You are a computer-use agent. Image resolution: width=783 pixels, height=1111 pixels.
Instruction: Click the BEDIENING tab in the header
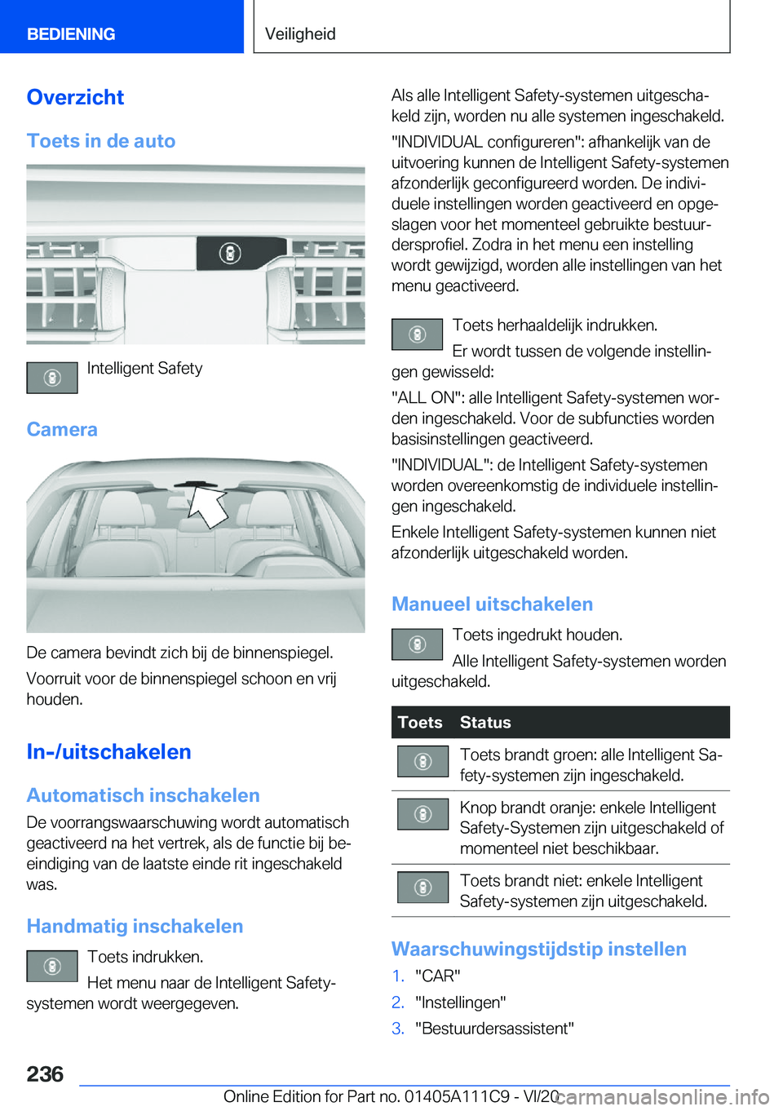click(x=71, y=34)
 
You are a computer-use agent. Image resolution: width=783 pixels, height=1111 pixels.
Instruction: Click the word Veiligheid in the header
click(x=300, y=34)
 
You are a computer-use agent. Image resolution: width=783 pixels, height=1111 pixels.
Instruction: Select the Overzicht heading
click(x=75, y=97)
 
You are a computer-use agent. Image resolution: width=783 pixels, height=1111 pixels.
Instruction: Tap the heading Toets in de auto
click(x=101, y=141)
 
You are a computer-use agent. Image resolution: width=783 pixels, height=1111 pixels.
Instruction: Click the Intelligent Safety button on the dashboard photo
click(x=230, y=254)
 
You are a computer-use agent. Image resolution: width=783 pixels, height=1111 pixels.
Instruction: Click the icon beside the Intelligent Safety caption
click(x=52, y=378)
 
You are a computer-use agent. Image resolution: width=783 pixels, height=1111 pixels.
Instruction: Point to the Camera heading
click(x=62, y=430)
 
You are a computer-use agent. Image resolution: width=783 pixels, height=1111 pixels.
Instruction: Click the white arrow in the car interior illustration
click(x=209, y=506)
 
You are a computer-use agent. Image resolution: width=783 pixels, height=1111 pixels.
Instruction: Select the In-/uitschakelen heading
click(x=108, y=752)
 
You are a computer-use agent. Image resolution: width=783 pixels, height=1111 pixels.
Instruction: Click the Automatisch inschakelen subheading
click(x=143, y=795)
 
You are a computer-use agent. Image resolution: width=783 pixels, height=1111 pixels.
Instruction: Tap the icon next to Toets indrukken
click(x=52, y=966)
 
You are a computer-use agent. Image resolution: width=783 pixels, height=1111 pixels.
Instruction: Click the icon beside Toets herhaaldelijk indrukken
click(x=417, y=334)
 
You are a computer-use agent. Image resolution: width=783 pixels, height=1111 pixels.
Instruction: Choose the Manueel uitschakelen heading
click(x=492, y=604)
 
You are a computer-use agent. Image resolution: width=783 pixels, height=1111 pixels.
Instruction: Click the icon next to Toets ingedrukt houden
click(x=417, y=644)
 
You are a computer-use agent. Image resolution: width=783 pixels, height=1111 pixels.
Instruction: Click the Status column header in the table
click(x=485, y=723)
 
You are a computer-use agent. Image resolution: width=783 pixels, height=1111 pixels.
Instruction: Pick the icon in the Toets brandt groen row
click(x=422, y=761)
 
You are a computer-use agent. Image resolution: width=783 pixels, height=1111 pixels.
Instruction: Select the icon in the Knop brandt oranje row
click(x=422, y=814)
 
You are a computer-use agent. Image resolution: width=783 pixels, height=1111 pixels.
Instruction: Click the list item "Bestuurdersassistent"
click(x=494, y=1029)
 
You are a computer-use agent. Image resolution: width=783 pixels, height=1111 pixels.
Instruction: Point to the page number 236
click(x=45, y=1074)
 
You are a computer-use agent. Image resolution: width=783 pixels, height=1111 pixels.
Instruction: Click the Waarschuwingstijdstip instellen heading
click(x=538, y=949)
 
